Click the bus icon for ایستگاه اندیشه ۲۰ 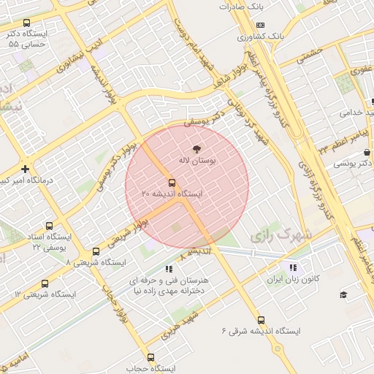[x=172, y=183]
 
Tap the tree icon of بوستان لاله [x=196, y=147]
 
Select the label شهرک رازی [x=280, y=236]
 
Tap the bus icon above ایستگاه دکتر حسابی [x=28, y=23]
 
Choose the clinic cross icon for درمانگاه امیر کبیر [x=25, y=169]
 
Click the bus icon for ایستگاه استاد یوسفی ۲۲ [x=49, y=226]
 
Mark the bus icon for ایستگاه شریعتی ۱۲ [x=45, y=284]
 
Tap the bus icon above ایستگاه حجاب [x=151, y=358]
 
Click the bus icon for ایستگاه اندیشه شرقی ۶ [x=261, y=320]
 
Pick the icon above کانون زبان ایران [x=294, y=267]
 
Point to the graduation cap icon [x=343, y=294]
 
